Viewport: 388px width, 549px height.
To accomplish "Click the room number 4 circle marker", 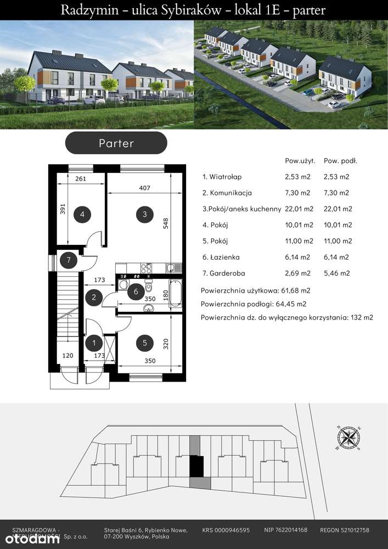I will (82, 214).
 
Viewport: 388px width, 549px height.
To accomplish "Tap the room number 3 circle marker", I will (144, 214).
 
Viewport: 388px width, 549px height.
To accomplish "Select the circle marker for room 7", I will (69, 260).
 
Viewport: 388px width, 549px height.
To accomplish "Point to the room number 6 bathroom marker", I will (136, 292).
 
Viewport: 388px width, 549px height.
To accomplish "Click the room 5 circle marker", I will (144, 343).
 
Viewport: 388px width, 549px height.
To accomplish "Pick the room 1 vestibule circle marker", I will (94, 343).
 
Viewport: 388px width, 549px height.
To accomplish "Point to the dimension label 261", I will (82, 179).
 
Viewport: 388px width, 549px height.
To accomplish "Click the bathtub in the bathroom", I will (176, 294).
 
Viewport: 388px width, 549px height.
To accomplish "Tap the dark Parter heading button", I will (116, 143).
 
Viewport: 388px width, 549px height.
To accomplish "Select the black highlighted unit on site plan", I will (196, 467).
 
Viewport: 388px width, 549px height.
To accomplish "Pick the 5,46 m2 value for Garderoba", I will (336, 273).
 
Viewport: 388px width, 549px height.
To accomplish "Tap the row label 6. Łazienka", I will (221, 257).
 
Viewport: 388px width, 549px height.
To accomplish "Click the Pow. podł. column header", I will (340, 161).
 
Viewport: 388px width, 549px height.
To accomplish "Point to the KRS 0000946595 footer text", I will (226, 530).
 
